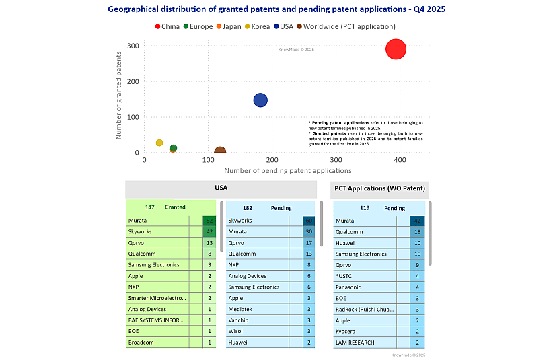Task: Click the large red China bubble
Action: (396, 49)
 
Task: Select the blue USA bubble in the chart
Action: (260, 100)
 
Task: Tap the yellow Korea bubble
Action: (159, 143)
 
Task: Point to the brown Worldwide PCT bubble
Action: (220, 153)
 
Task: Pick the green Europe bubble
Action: (174, 148)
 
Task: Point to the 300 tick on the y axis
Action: (134, 46)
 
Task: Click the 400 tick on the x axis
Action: (400, 159)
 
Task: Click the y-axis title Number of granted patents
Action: (119, 100)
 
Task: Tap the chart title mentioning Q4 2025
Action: (276, 9)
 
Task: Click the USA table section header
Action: (221, 189)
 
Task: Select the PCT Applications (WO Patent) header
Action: (380, 189)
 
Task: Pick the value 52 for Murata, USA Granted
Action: (209, 221)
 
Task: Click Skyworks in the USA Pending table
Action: (240, 221)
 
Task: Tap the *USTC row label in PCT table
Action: (344, 276)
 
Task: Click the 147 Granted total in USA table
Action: (165, 207)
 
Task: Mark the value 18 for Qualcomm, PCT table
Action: (417, 232)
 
